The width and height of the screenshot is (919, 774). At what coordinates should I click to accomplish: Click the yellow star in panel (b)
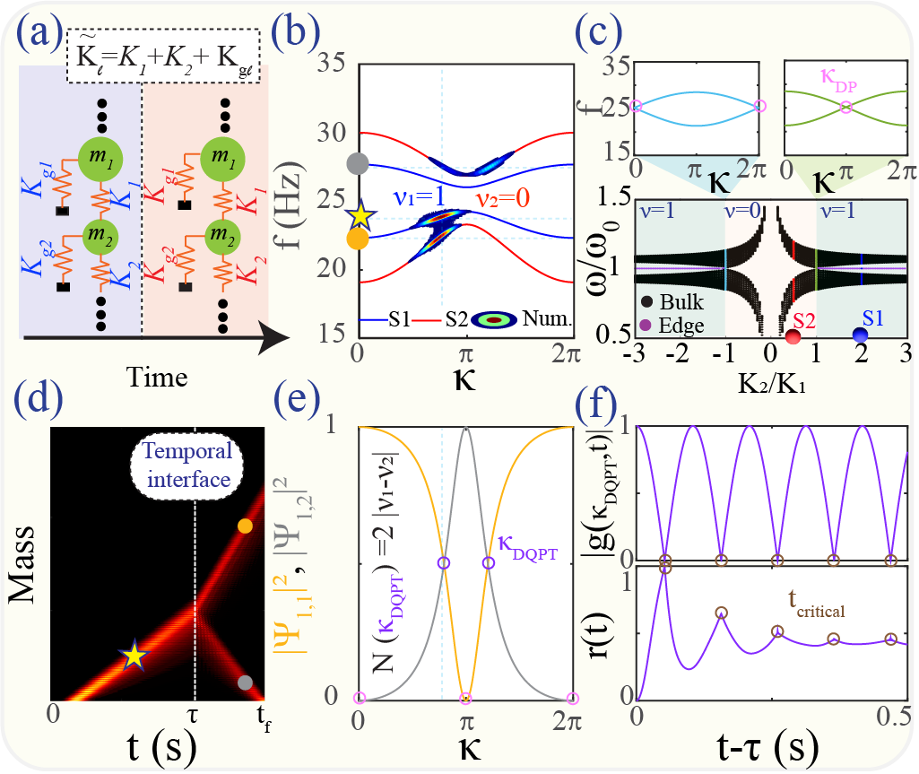point(360,215)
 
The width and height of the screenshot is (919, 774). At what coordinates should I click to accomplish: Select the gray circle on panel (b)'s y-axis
point(358,163)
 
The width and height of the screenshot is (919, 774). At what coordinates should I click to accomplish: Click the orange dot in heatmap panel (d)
point(245,526)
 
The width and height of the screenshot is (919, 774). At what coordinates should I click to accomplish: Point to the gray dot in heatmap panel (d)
point(245,683)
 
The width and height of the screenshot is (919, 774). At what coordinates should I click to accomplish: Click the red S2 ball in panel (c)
point(793,336)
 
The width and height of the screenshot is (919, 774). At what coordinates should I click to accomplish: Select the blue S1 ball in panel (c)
point(861,335)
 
